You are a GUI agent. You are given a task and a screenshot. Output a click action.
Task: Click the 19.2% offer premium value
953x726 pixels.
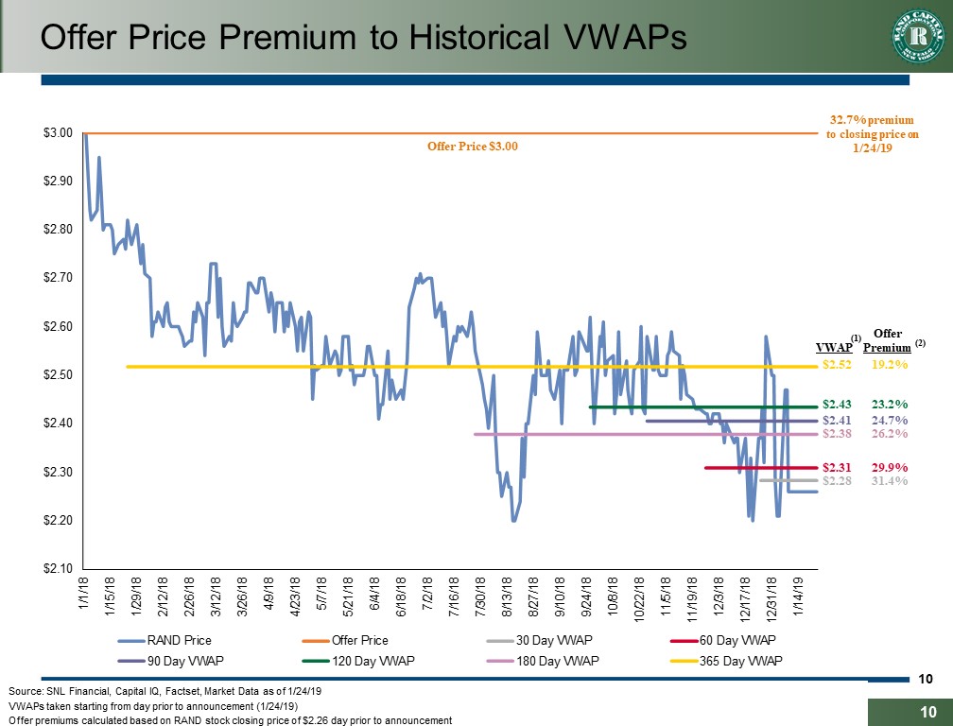tap(890, 363)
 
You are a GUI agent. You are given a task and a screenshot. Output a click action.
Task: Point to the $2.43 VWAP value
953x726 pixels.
tap(837, 404)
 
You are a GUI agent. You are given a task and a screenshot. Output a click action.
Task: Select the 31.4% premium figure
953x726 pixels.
tap(890, 480)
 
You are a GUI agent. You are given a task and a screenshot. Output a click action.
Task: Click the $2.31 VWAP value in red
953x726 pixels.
tap(837, 467)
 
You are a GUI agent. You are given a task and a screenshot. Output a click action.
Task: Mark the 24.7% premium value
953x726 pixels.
tap(890, 420)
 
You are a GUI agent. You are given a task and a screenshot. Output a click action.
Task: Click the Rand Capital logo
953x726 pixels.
tap(915, 37)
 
